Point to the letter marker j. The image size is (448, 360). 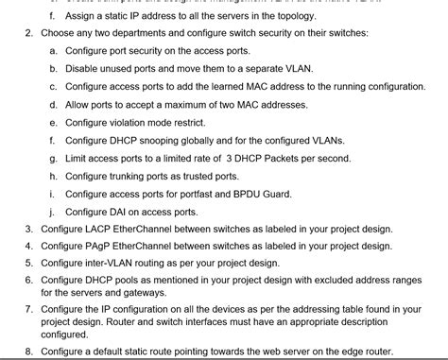point(53,211)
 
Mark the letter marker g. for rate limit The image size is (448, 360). point(53,158)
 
